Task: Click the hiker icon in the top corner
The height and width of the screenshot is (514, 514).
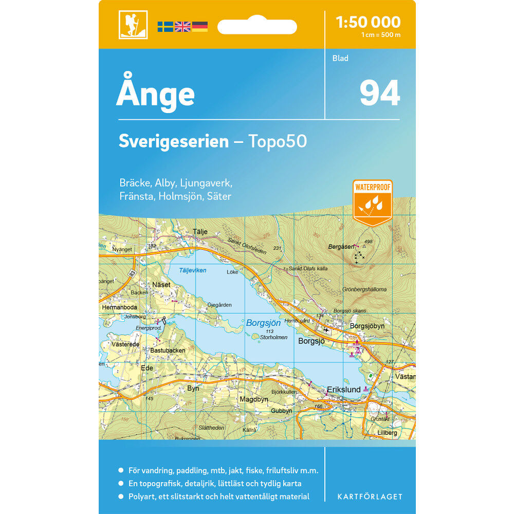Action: [x=133, y=25]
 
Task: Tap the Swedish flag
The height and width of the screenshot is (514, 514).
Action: [x=165, y=27]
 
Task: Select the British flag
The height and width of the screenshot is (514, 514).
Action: [x=182, y=27]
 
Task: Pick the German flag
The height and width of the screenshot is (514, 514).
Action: [x=199, y=27]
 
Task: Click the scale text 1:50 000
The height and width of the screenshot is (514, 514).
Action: [x=368, y=22]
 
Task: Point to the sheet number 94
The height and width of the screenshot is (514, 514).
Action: [x=379, y=93]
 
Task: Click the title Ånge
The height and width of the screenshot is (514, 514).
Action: [x=155, y=94]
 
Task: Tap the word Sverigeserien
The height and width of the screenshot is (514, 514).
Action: [x=173, y=141]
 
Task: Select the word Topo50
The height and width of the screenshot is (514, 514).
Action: [x=278, y=141]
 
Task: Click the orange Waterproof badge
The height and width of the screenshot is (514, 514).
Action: [x=373, y=200]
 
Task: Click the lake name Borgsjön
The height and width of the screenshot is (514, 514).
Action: [x=263, y=323]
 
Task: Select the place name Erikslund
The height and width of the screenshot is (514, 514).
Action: [x=344, y=390]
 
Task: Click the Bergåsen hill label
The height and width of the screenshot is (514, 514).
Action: [x=341, y=247]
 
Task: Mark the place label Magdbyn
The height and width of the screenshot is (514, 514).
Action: [x=254, y=399]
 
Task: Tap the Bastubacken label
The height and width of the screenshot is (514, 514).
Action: [x=168, y=350]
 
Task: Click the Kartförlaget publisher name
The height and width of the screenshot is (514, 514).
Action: [x=370, y=497]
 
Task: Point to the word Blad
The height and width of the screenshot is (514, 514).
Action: [x=340, y=58]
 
